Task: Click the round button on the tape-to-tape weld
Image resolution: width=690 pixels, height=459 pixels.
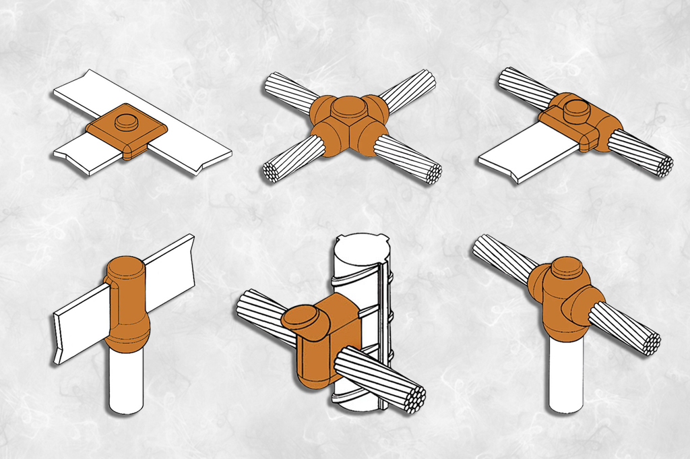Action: pyautogui.click(x=126, y=122)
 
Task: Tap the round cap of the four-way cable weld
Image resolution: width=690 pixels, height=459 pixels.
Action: pyautogui.click(x=348, y=107)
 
